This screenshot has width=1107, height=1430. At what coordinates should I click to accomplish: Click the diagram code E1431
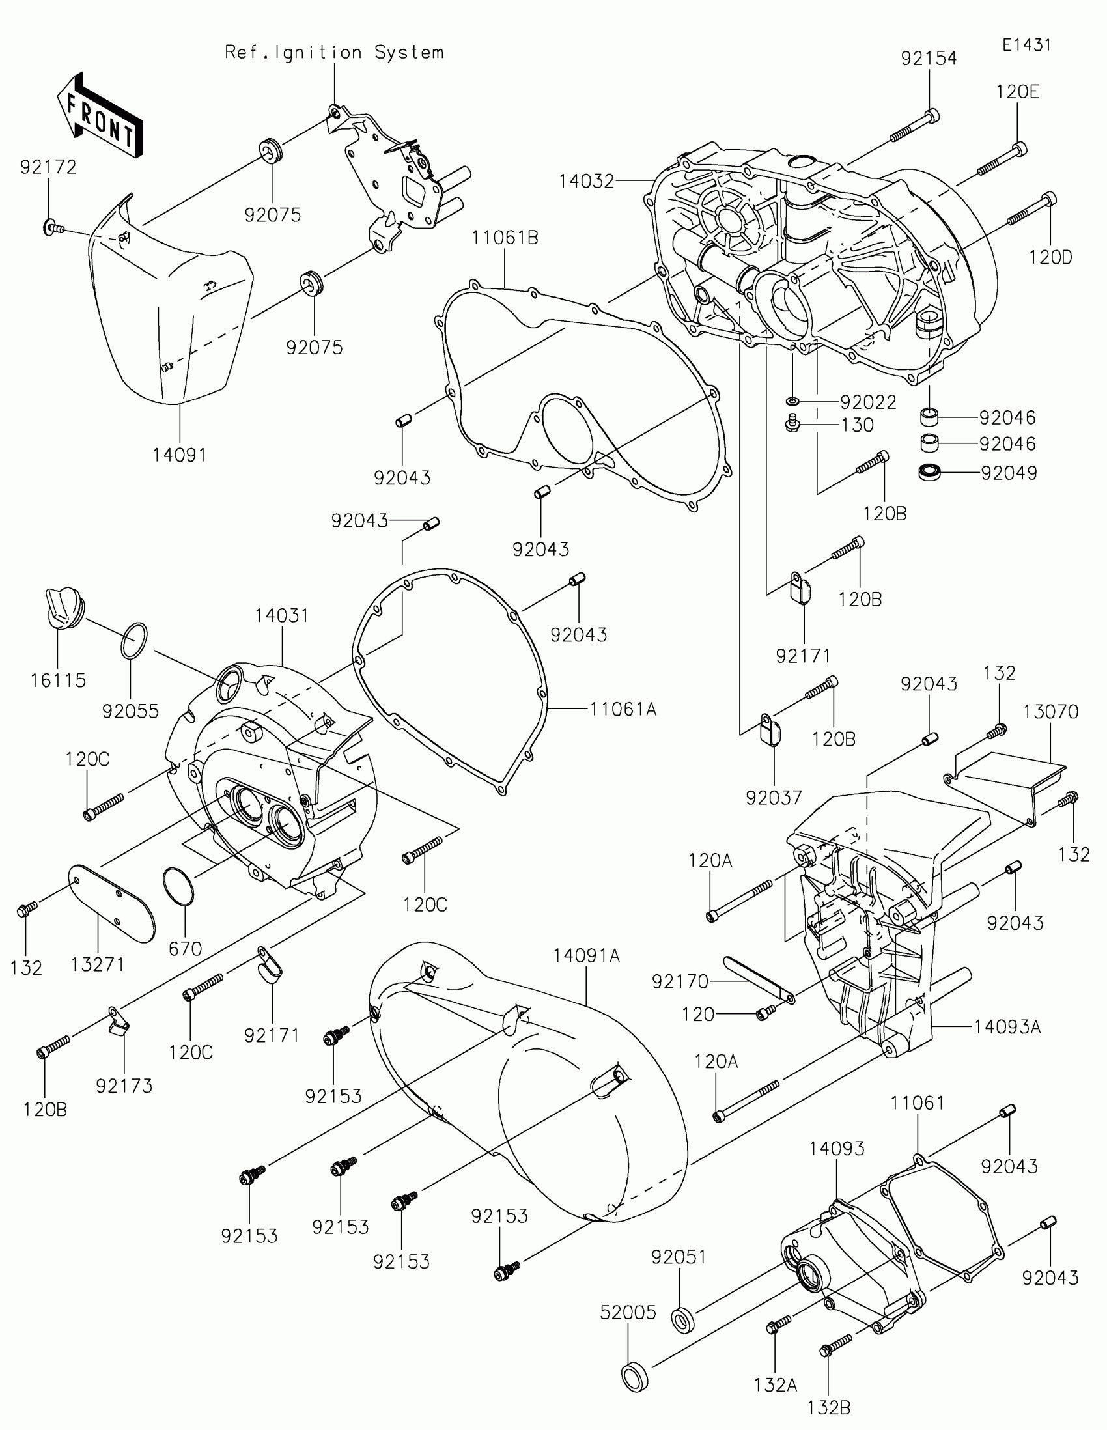click(1026, 44)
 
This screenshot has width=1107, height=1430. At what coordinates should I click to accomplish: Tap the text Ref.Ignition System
click(334, 52)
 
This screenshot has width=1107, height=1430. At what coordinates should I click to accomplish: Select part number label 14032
click(587, 182)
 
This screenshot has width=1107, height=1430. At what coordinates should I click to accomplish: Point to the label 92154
click(929, 58)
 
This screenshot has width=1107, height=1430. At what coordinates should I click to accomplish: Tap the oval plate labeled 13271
click(113, 903)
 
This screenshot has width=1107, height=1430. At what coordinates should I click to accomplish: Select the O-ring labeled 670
click(178, 886)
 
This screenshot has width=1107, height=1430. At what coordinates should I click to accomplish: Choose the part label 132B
click(828, 1407)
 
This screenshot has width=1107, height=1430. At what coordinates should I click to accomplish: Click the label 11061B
click(505, 238)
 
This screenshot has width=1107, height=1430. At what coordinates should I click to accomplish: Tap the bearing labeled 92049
click(929, 472)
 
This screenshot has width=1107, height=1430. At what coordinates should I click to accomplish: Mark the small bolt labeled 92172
click(52, 228)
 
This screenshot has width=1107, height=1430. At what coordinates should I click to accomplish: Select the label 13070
click(1051, 711)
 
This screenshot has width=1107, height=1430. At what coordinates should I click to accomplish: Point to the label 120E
click(1017, 92)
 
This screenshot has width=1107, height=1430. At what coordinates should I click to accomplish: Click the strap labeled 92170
click(759, 978)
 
